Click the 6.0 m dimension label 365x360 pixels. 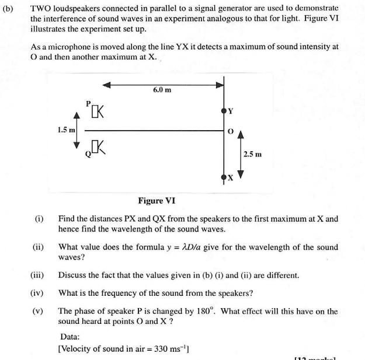(x=162, y=90)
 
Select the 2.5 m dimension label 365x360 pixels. (x=253, y=154)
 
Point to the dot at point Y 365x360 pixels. (x=224, y=110)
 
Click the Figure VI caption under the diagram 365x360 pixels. (x=156, y=201)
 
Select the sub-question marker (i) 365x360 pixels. (x=39, y=219)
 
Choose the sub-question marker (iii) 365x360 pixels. (x=38, y=275)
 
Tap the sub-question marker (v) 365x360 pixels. (x=38, y=311)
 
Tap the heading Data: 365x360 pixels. (x=71, y=337)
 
